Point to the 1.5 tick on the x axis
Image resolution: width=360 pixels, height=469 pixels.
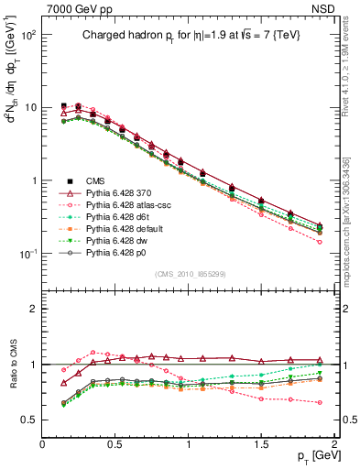[x=261, y=442]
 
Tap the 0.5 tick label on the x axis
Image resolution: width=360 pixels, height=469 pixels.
[x=115, y=442]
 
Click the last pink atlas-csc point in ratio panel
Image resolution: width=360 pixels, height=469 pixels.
[x=320, y=402]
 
